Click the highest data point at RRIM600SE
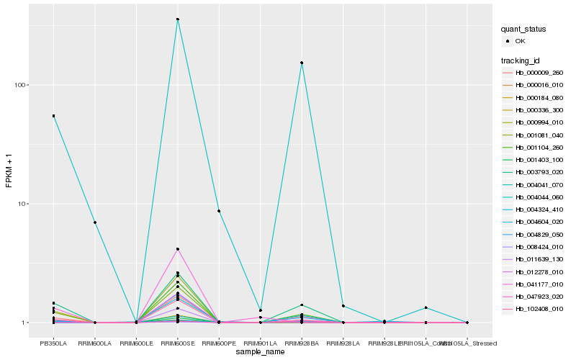178,19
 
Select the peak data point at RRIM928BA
302,63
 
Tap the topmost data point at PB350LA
53,116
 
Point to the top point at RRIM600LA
95,222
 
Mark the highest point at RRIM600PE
219,211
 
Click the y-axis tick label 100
19,85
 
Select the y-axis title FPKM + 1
9,170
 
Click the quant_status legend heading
524,30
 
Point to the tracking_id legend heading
521,60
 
